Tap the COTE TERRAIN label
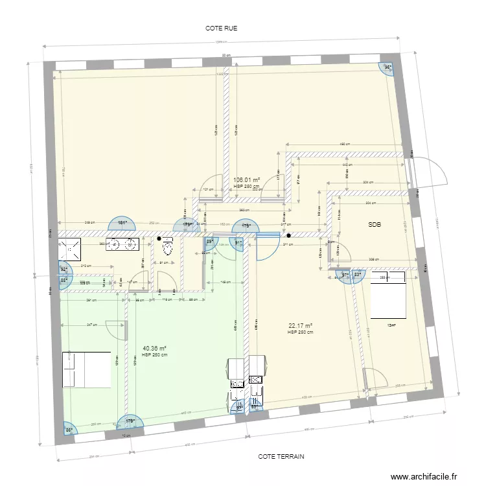281,456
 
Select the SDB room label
375,225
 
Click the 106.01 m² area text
246,180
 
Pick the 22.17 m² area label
300,326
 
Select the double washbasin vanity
122,244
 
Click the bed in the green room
86,369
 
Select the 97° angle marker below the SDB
345,275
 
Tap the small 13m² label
391,325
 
